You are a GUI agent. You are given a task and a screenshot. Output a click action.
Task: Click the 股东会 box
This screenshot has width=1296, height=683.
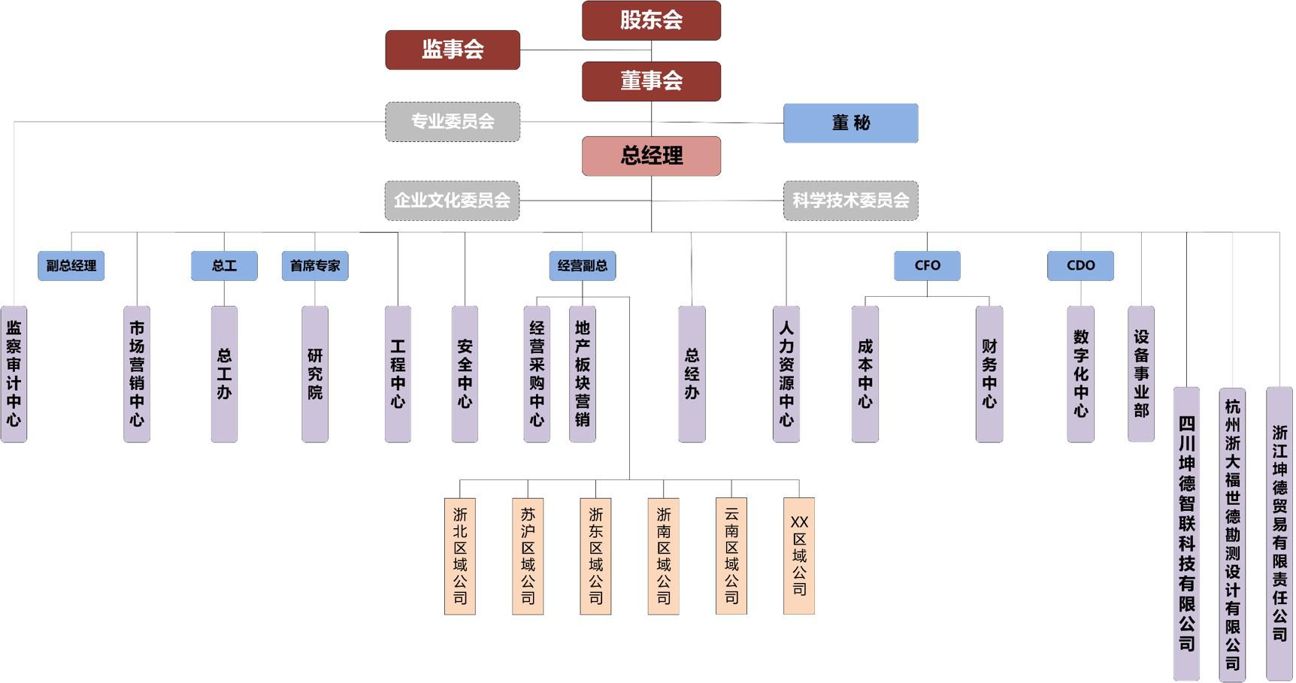click(x=651, y=20)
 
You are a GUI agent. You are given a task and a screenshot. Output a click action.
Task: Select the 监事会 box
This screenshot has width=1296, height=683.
click(x=453, y=50)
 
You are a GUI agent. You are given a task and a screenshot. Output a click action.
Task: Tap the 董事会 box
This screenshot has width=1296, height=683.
click(x=651, y=81)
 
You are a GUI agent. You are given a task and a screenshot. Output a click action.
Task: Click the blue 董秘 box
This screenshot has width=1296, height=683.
click(x=850, y=123)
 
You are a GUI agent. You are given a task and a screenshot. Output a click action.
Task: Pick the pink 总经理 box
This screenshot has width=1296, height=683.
click(x=651, y=156)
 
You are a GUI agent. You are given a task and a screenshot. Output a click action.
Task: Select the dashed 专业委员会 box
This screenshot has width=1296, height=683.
click(x=453, y=122)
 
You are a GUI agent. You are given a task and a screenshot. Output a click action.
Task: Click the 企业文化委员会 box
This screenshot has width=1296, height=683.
click(x=452, y=201)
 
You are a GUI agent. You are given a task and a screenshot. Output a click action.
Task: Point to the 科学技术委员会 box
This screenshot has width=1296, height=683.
click(x=850, y=201)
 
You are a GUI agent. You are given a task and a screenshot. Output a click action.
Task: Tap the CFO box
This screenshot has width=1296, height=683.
click(x=927, y=266)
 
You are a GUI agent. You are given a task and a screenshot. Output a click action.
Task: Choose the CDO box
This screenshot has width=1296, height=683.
click(x=1080, y=266)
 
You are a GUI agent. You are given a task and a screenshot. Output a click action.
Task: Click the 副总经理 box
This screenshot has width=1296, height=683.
click(x=71, y=266)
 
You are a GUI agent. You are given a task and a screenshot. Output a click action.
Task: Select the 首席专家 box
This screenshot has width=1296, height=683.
click(x=315, y=266)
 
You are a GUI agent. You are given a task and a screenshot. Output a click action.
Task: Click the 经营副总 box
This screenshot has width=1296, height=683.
click(x=583, y=266)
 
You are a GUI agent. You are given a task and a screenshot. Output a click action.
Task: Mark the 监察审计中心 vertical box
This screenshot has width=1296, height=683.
click(x=14, y=373)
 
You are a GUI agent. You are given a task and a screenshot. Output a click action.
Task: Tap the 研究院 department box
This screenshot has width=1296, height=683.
click(x=315, y=373)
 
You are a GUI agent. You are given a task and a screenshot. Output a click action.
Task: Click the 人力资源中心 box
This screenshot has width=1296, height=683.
click(x=786, y=373)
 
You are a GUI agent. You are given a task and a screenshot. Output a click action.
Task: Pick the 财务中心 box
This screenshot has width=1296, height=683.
click(x=989, y=373)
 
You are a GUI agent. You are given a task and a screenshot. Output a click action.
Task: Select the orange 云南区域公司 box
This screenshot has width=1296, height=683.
click(x=731, y=556)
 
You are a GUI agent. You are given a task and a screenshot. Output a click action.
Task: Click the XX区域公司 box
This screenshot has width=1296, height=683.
click(x=799, y=556)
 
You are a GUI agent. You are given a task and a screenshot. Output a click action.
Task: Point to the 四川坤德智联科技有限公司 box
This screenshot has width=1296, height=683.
click(x=1186, y=533)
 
